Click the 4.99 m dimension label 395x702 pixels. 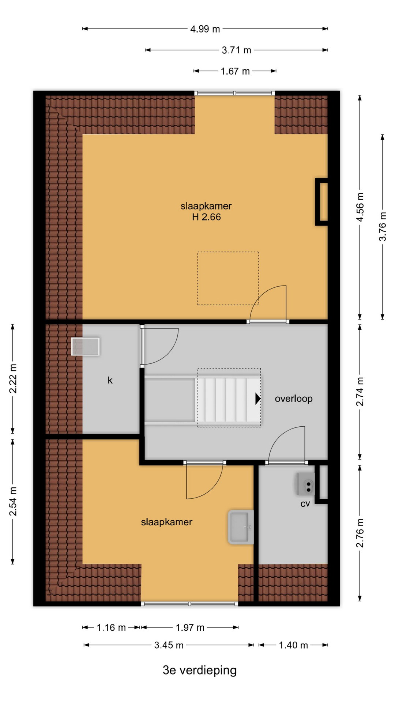pyautogui.click(x=205, y=29)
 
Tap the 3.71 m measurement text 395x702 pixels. pyautogui.click(x=237, y=50)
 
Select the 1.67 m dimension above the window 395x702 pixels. pyautogui.click(x=235, y=71)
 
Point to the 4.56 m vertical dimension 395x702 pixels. pyautogui.click(x=360, y=207)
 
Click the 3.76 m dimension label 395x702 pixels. pyautogui.click(x=383, y=226)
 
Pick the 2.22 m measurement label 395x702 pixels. pyautogui.click(x=13, y=378)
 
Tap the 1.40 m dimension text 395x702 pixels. pyautogui.click(x=293, y=645)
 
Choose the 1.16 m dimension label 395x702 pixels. pyautogui.click(x=111, y=628)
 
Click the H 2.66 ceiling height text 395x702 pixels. pyautogui.click(x=206, y=217)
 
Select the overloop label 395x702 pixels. pyautogui.click(x=294, y=399)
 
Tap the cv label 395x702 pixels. pyautogui.click(x=305, y=504)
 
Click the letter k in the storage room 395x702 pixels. pyautogui.click(x=110, y=380)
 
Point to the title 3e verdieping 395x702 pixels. pyautogui.click(x=200, y=670)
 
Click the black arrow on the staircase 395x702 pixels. pyautogui.click(x=258, y=399)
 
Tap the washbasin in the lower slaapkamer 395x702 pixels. pyautogui.click(x=241, y=527)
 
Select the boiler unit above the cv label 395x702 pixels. pyautogui.click(x=306, y=484)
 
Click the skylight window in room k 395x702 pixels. pyautogui.click(x=85, y=347)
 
